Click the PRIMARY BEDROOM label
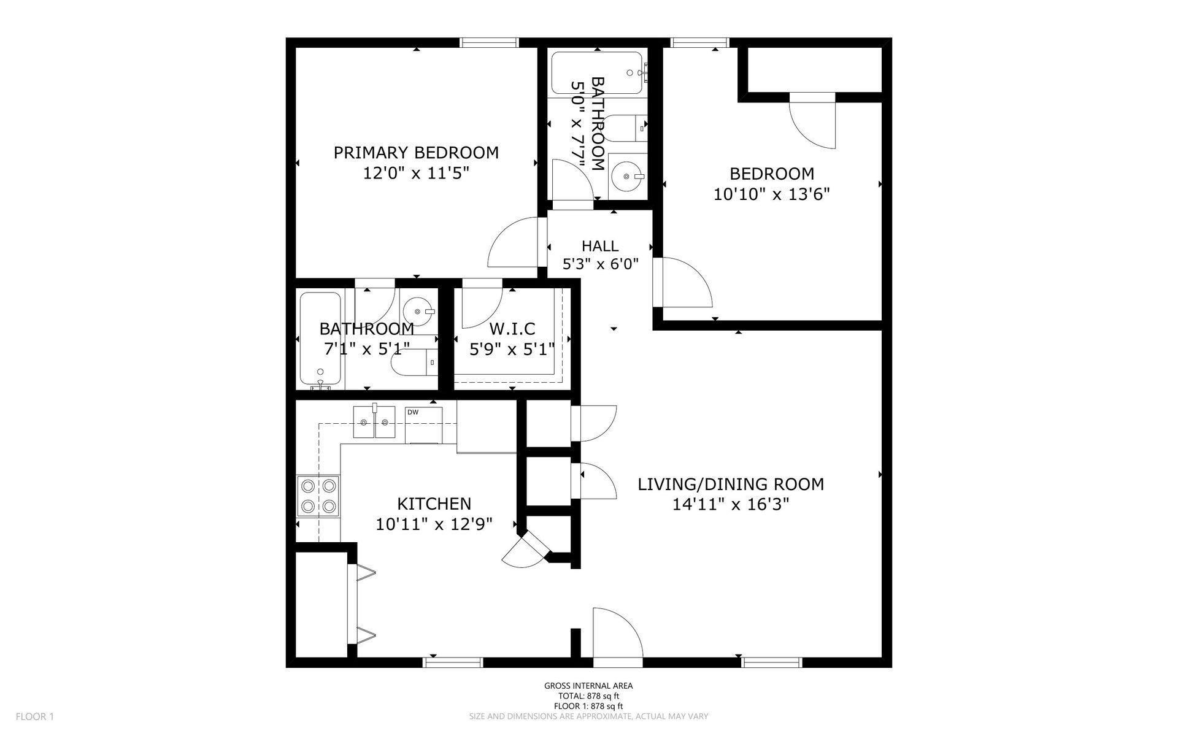click(x=416, y=152)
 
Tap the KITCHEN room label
click(x=434, y=504)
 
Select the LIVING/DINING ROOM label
click(x=731, y=485)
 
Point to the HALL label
click(x=600, y=246)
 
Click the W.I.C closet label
click(x=512, y=329)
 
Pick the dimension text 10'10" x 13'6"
click(x=772, y=194)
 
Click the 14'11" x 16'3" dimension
click(x=731, y=505)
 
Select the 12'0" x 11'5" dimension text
click(x=416, y=174)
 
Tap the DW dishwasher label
click(x=413, y=412)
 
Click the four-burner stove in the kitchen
click(x=318, y=496)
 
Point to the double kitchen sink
click(x=374, y=422)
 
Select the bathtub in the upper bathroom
click(x=597, y=74)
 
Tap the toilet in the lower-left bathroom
click(x=415, y=362)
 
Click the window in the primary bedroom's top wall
click(x=490, y=42)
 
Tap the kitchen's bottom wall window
click(x=453, y=662)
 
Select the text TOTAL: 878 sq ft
click(x=588, y=696)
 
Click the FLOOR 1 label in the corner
click(x=35, y=716)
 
